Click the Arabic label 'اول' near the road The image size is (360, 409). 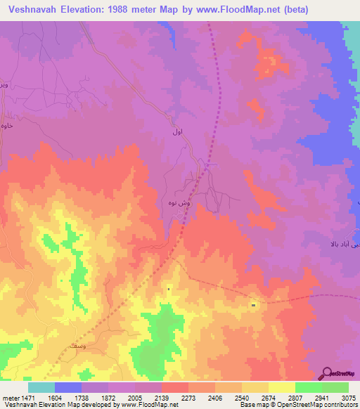177,132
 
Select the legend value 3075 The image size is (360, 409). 348,398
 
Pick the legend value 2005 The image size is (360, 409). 121,398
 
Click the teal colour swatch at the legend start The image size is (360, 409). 41,387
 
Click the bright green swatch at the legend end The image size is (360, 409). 335,387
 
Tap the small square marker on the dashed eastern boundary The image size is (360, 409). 253,305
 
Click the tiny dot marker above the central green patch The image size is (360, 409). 169,288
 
